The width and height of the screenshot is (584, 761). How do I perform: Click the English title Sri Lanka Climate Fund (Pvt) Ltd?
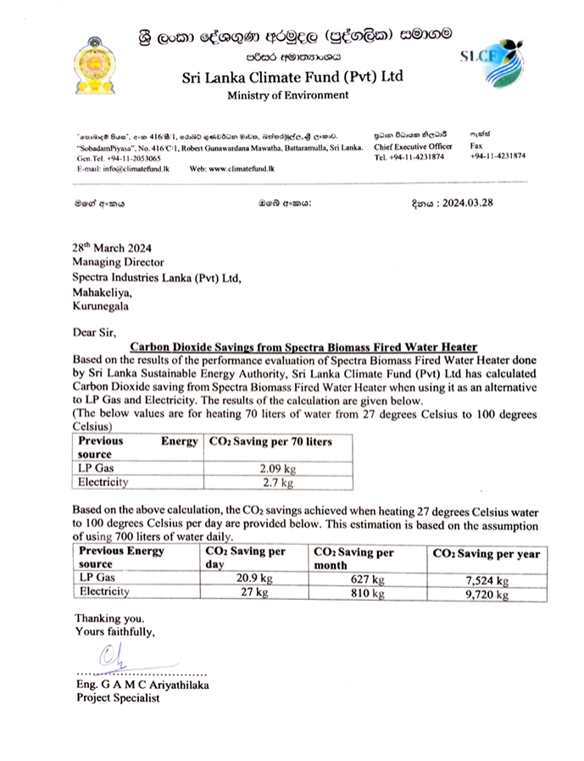tap(292, 76)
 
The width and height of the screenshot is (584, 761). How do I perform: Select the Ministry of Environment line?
tap(287, 95)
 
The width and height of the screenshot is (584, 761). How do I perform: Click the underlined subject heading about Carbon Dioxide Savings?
tap(303, 346)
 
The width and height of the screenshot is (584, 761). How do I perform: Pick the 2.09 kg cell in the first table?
tap(278, 467)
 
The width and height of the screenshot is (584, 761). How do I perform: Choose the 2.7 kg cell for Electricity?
tap(278, 482)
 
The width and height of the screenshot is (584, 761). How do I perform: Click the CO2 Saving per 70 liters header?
tap(270, 441)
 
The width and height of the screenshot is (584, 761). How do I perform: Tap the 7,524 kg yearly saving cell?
tap(487, 580)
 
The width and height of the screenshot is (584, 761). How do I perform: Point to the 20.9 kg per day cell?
tap(254, 579)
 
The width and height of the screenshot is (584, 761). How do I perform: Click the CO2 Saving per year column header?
tap(486, 553)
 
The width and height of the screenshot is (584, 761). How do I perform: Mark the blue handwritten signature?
tap(112, 657)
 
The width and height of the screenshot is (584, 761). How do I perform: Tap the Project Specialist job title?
tap(117, 698)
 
